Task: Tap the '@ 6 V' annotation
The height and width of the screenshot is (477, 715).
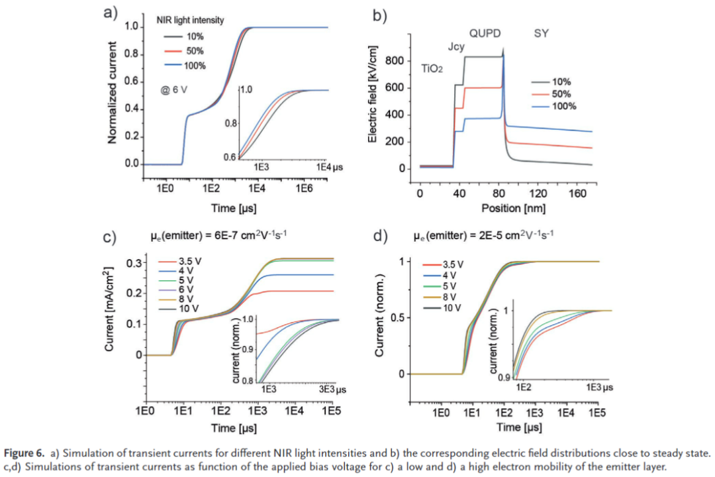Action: point(174,89)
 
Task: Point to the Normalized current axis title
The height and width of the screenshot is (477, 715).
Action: point(113,93)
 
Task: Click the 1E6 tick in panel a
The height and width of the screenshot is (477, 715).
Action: point(304,189)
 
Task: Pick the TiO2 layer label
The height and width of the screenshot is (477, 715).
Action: point(432,69)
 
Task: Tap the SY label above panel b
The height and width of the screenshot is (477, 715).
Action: point(542,32)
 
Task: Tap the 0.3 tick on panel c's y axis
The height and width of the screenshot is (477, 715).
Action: point(131,263)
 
